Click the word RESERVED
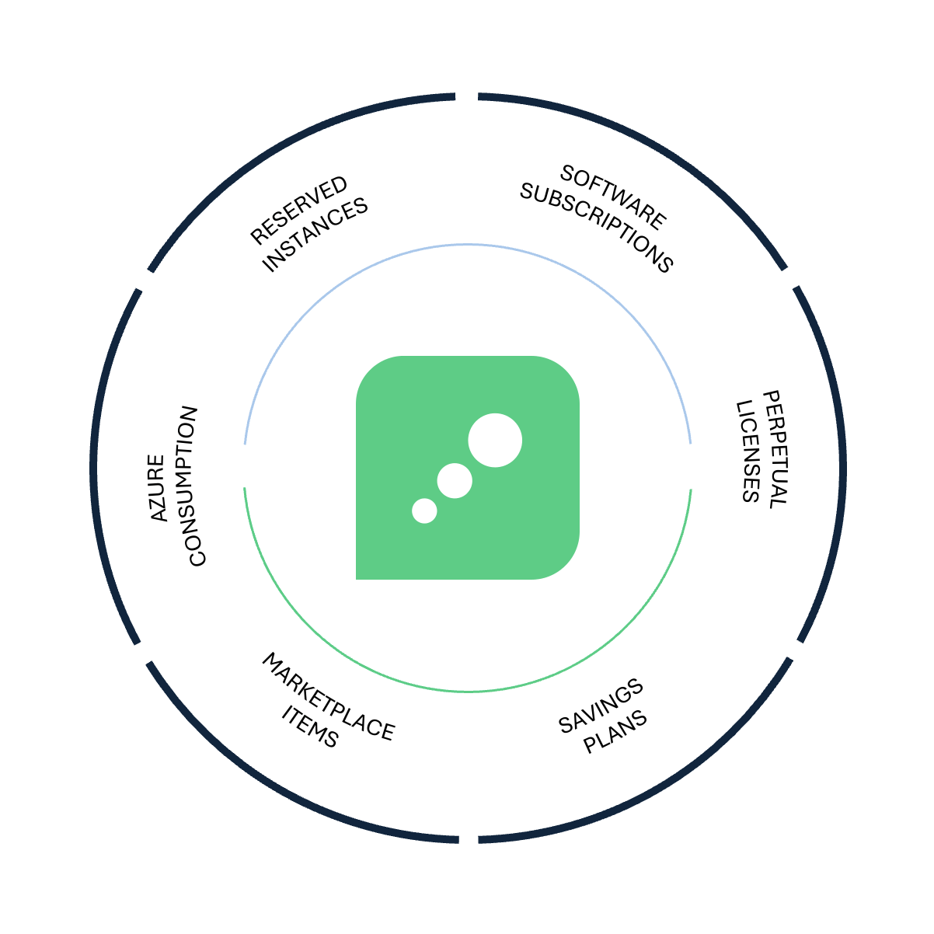click(298, 210)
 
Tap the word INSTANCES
click(315, 235)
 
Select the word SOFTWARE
click(613, 197)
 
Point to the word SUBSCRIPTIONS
click(596, 228)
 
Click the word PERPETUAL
click(775, 449)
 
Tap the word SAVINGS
click(601, 706)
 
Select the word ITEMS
click(310, 726)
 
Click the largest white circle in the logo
click(495, 440)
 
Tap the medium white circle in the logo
click(455, 481)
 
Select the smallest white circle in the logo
click(424, 511)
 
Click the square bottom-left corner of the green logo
click(357, 579)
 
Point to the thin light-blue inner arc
click(468, 245)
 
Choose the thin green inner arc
click(468, 691)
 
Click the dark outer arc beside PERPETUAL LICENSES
click(843, 465)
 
